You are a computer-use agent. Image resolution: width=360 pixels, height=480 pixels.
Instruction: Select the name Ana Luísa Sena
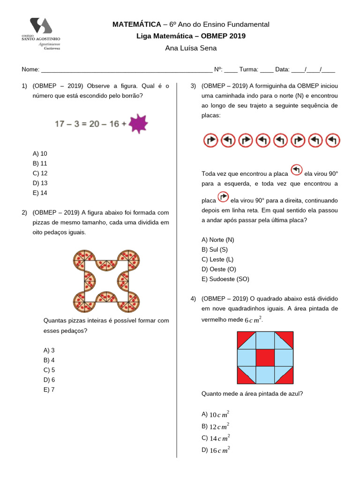191,48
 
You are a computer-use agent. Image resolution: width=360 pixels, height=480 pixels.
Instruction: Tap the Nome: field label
30,69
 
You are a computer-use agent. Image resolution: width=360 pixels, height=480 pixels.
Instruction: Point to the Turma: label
248,69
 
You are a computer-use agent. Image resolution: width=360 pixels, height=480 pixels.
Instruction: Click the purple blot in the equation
138,123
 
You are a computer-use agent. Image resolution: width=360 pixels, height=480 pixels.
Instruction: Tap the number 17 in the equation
60,124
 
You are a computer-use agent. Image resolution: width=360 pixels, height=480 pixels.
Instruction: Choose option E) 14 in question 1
40,193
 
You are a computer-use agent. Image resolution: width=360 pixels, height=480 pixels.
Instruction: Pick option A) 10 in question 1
40,153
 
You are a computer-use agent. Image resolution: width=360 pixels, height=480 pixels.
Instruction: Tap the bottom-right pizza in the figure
128,302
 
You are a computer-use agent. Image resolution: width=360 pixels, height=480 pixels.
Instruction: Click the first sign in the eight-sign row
211,140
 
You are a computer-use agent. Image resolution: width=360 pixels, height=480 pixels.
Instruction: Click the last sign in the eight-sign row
332,140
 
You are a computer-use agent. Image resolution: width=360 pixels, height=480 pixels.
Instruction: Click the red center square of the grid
265,358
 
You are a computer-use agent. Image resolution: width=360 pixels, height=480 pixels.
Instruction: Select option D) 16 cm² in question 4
215,450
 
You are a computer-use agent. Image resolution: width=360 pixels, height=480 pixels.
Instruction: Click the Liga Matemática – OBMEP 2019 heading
191,36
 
